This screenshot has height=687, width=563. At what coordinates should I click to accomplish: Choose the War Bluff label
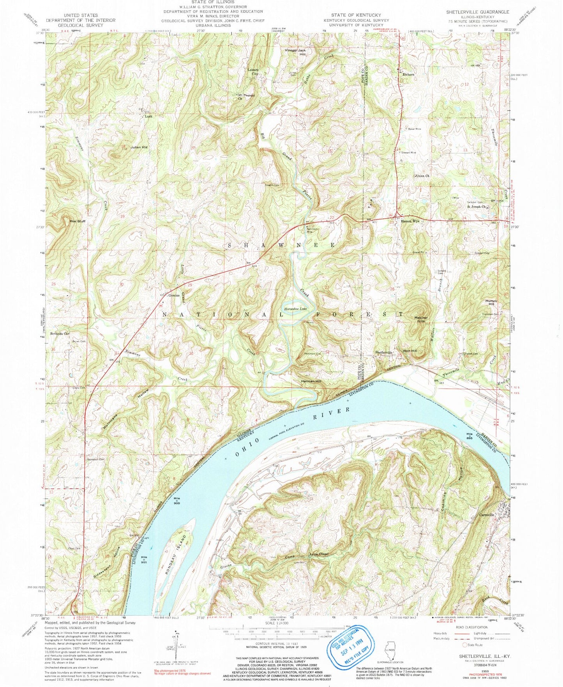pos(77,221)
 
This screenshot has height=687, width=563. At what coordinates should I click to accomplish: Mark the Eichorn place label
pos(408,74)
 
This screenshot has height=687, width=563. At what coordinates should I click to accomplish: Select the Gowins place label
pos(173,295)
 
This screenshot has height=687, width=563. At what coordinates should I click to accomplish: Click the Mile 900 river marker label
pos(177,500)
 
